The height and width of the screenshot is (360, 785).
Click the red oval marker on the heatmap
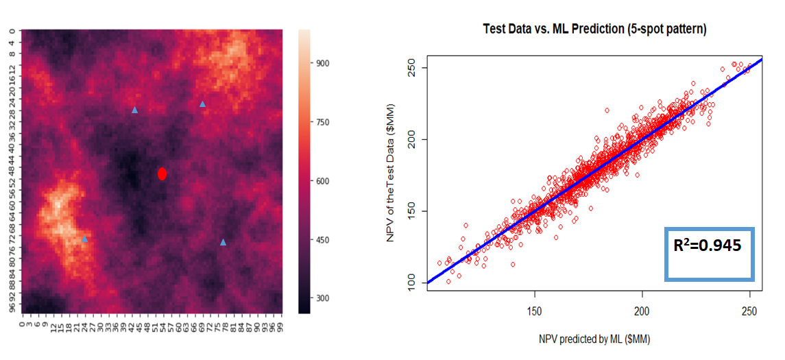[162, 173]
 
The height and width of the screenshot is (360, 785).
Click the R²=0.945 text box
[709, 253]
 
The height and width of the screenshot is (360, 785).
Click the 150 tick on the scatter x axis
[535, 311]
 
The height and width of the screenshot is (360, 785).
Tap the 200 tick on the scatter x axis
[642, 311]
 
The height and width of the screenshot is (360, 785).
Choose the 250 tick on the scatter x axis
[749, 311]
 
